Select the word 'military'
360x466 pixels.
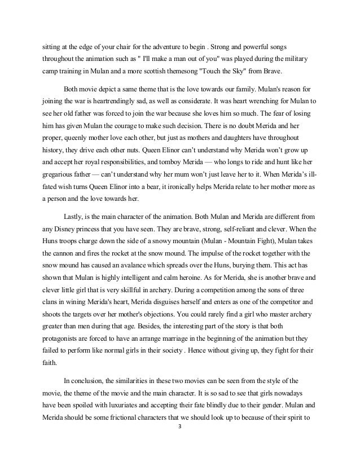301,60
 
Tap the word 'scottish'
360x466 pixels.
146,74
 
